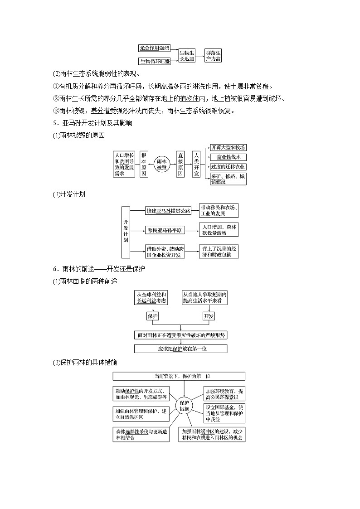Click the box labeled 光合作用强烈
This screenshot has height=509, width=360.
coord(154,48)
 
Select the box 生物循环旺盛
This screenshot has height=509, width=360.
coord(155,61)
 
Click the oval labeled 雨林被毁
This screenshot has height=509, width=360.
coord(162,164)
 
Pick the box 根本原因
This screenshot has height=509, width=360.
coord(144,164)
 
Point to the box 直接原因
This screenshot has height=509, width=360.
coord(180,164)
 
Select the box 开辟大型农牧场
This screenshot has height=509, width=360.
coord(228,148)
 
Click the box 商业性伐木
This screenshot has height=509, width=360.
coord(228,157)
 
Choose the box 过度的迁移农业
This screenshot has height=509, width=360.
coord(228,167)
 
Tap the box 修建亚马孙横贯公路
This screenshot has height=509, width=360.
coord(168,211)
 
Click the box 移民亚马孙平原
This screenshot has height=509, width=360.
coord(165,231)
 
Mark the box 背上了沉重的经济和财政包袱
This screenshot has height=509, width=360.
coord(219,252)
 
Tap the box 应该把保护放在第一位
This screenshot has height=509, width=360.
coord(180,349)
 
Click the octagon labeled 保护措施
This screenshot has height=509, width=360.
coord(184,405)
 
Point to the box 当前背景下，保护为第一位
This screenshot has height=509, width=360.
coord(179,376)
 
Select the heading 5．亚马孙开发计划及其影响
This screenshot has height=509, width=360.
coord(92,123)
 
